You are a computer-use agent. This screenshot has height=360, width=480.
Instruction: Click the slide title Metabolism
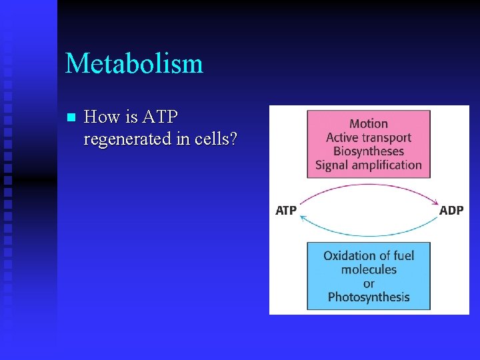pos(134,64)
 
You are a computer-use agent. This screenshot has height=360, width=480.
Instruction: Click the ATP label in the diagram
pos(286,211)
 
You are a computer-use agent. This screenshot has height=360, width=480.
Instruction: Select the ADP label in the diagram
pos(451,211)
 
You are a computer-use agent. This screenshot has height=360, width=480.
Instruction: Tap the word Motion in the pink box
pos(369,124)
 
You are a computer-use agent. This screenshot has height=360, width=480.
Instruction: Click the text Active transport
pos(369,138)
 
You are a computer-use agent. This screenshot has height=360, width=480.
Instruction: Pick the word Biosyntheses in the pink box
pos(369,151)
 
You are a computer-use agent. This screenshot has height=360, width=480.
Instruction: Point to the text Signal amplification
pos(369,165)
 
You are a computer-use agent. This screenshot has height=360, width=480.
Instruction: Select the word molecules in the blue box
pos(369,270)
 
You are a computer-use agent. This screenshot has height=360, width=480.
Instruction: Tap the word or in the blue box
pos(369,284)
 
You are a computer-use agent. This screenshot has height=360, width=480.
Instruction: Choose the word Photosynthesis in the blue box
pos(369,297)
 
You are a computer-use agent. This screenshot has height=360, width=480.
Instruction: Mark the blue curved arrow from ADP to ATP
pos(369,234)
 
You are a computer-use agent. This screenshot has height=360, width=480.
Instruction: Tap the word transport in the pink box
pos(387,138)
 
